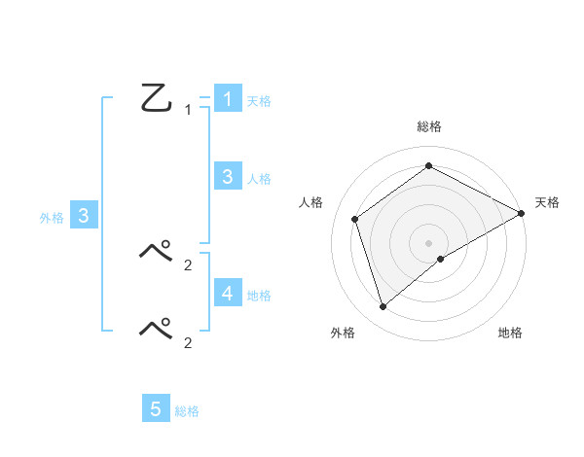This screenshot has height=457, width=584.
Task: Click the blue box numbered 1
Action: click(x=227, y=98)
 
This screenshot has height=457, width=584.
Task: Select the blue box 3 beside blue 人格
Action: click(x=227, y=176)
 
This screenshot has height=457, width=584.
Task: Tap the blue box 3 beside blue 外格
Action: click(x=84, y=216)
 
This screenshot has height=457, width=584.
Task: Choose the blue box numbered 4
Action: click(x=227, y=293)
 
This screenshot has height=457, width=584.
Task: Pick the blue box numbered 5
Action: click(x=156, y=409)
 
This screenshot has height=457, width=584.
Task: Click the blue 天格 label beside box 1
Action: click(x=259, y=101)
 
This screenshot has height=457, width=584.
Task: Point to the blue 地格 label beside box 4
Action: click(x=259, y=296)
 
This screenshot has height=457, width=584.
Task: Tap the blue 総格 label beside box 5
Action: click(x=187, y=412)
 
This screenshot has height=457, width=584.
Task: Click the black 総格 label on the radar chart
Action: click(x=428, y=127)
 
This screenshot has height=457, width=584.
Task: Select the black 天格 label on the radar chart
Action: click(x=548, y=202)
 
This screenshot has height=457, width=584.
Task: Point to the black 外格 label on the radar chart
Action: click(x=343, y=334)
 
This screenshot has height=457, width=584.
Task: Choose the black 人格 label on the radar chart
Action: click(x=310, y=202)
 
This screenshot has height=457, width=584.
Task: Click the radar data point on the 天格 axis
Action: click(x=521, y=213)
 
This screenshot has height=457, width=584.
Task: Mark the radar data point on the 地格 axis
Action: click(x=441, y=259)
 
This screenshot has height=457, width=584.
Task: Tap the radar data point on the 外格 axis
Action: click(x=383, y=307)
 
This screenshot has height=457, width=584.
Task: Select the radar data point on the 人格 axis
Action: click(x=355, y=219)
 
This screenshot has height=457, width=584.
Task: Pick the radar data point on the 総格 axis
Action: click(x=428, y=165)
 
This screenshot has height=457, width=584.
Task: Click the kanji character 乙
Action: click(x=156, y=98)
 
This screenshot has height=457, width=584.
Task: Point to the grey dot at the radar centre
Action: click(x=428, y=242)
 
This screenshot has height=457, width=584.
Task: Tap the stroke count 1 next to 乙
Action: click(x=188, y=110)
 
